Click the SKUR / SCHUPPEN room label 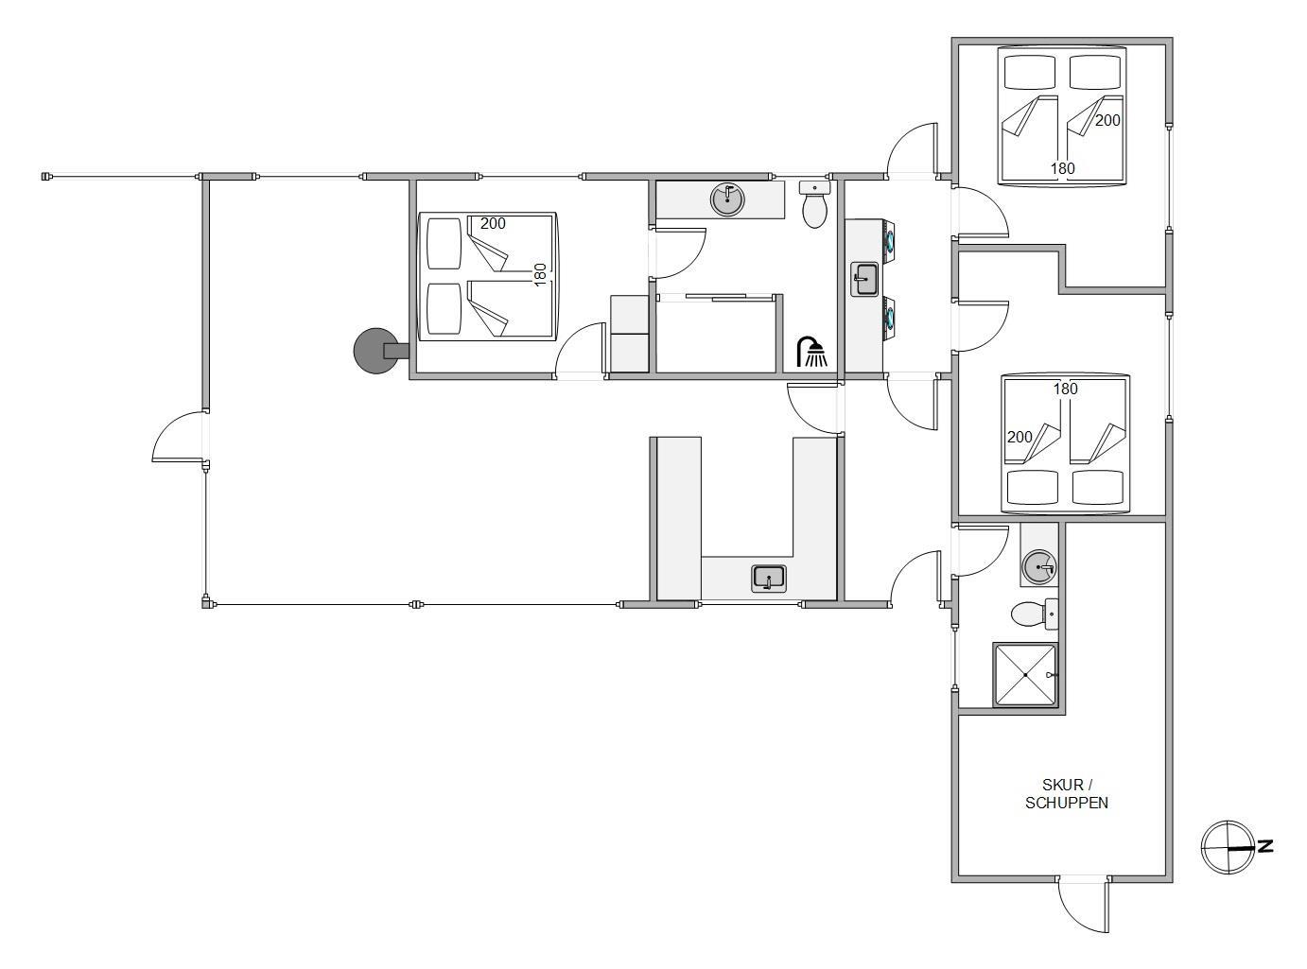(x=1066, y=793)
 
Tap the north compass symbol (x=1228, y=847)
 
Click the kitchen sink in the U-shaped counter (x=769, y=578)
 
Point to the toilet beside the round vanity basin (x=815, y=204)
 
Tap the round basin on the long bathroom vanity (x=728, y=199)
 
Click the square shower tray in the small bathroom (x=1025, y=674)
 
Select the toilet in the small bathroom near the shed (x=1035, y=614)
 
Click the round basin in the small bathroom (x=1039, y=567)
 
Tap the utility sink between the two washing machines (x=864, y=280)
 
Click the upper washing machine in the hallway (x=889, y=241)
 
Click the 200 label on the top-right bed (x=1107, y=120)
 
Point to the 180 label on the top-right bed (x=1062, y=168)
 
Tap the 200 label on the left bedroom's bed (x=493, y=223)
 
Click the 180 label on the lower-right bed (x=1065, y=389)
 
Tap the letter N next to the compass (x=1265, y=846)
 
